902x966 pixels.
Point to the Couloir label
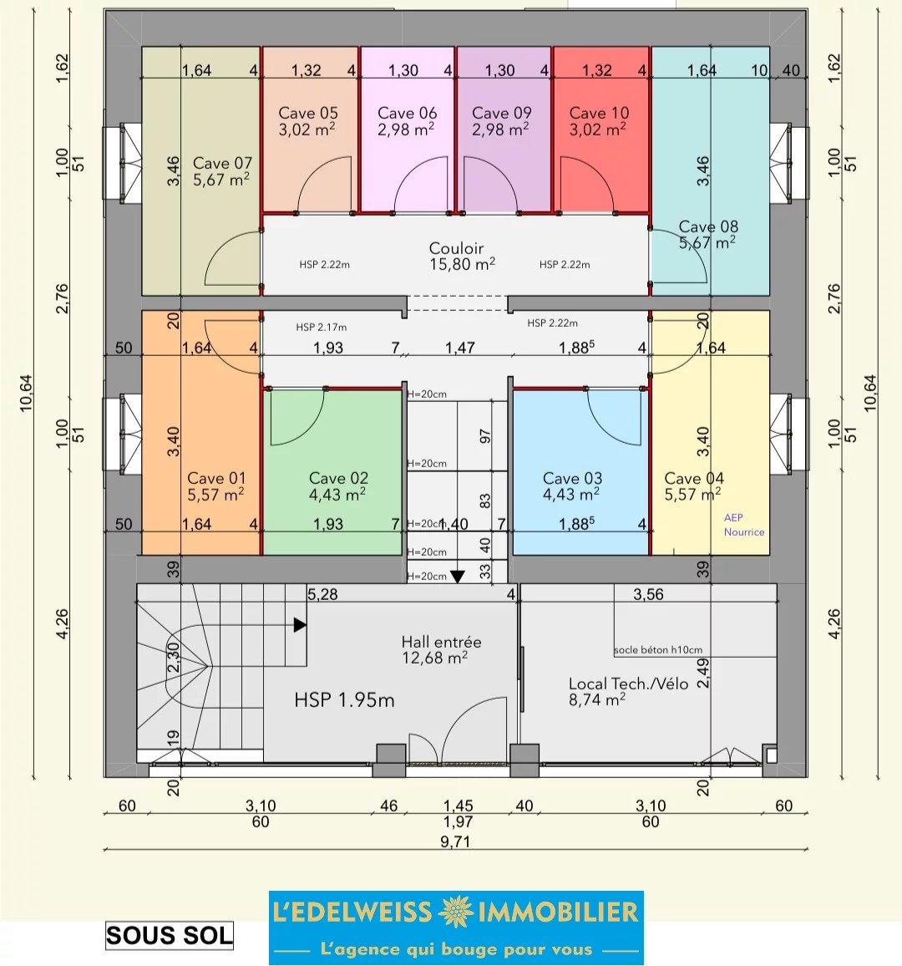pyautogui.click(x=456, y=248)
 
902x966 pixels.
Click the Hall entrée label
pyautogui.click(x=442, y=642)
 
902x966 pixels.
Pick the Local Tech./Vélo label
pyautogui.click(x=628, y=684)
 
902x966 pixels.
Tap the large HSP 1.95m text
pyautogui.click(x=344, y=700)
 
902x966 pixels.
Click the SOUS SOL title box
pyautogui.click(x=170, y=936)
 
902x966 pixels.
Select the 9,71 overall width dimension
pyautogui.click(x=456, y=841)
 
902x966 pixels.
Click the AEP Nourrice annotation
pyautogui.click(x=744, y=525)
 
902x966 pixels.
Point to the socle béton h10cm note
pyautogui.click(x=658, y=649)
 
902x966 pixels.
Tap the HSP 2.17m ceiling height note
pyautogui.click(x=322, y=327)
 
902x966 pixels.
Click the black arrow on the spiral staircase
pyautogui.click(x=300, y=625)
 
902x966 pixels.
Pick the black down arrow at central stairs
pyautogui.click(x=458, y=577)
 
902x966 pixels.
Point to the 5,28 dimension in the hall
pyautogui.click(x=322, y=594)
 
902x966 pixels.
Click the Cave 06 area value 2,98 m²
pyautogui.click(x=407, y=130)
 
